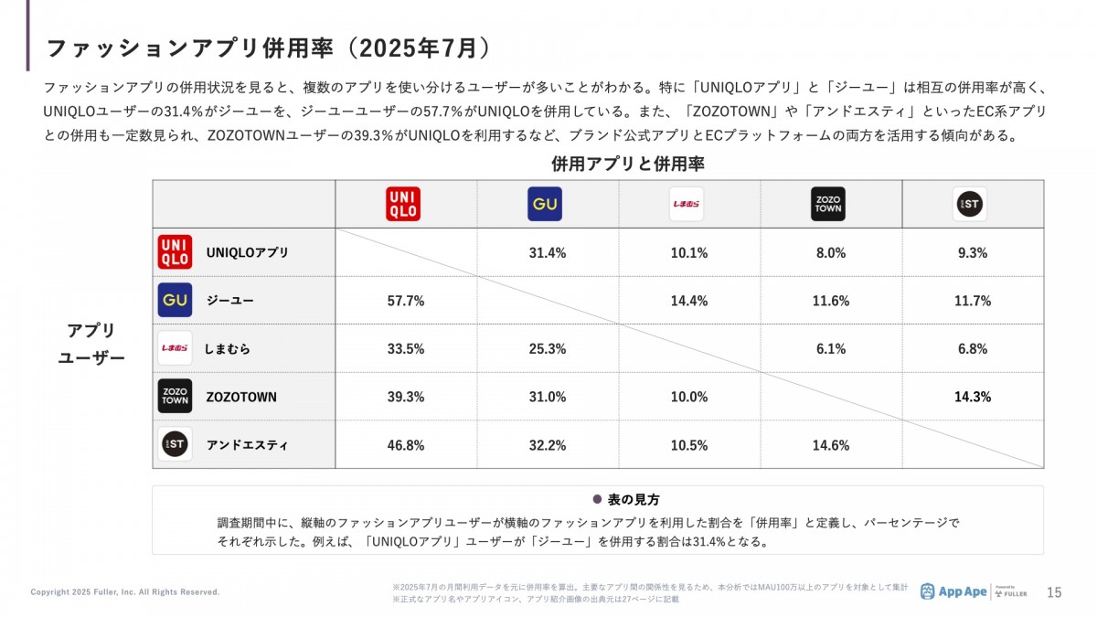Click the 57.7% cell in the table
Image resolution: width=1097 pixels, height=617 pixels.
406,301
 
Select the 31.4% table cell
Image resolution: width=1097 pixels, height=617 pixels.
548,253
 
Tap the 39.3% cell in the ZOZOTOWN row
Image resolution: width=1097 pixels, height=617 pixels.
406,397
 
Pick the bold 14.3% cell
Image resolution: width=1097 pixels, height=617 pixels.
973,397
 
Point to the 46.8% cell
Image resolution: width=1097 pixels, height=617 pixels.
406,445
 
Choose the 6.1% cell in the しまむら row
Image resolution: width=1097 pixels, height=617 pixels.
831,348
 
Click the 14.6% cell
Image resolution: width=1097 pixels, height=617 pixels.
831,445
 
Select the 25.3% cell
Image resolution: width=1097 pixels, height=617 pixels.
548,348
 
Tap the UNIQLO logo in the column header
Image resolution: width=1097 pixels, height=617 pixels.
403,204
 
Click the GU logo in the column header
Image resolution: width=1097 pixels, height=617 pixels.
545,204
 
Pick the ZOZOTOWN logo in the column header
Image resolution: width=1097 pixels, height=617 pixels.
828,204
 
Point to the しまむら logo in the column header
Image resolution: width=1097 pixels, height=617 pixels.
686,204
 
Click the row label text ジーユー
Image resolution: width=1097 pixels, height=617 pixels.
230,301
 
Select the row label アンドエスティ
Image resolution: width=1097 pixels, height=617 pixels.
247,445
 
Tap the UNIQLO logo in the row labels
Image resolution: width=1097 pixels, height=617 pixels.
175,252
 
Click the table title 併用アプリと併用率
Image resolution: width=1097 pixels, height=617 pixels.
627,165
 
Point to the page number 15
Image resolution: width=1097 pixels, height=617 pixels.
1054,592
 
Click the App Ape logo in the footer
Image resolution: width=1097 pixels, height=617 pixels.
953,591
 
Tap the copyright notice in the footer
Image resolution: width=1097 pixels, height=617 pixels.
125,592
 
